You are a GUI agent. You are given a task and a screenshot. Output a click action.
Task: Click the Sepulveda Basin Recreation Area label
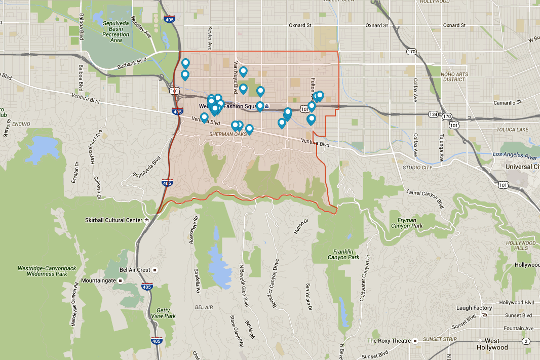pos(115,31)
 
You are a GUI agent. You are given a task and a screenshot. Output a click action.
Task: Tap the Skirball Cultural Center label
pos(114,220)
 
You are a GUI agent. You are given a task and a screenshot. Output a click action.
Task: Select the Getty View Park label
pos(163,312)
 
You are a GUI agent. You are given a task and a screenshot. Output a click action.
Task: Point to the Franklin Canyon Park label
pos(346,254)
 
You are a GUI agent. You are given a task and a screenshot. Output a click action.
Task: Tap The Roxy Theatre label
pos(389,341)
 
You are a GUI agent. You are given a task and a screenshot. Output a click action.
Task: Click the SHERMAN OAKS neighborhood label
pos(226,135)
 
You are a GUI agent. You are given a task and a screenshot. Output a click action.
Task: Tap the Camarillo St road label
pos(507,102)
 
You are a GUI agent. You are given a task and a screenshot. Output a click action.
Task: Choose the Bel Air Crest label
pos(135,270)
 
